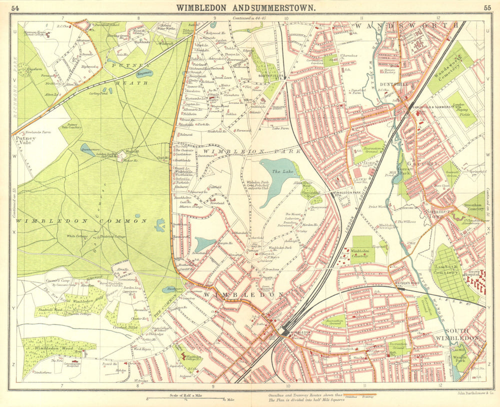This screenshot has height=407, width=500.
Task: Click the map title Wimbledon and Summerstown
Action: point(244,7)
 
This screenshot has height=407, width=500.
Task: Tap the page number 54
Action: point(15,7)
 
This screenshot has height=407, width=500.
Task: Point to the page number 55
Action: point(486,7)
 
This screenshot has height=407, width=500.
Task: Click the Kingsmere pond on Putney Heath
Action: point(144,73)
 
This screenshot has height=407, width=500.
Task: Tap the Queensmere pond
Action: point(88,149)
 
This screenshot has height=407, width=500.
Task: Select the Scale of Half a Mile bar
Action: point(185,398)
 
